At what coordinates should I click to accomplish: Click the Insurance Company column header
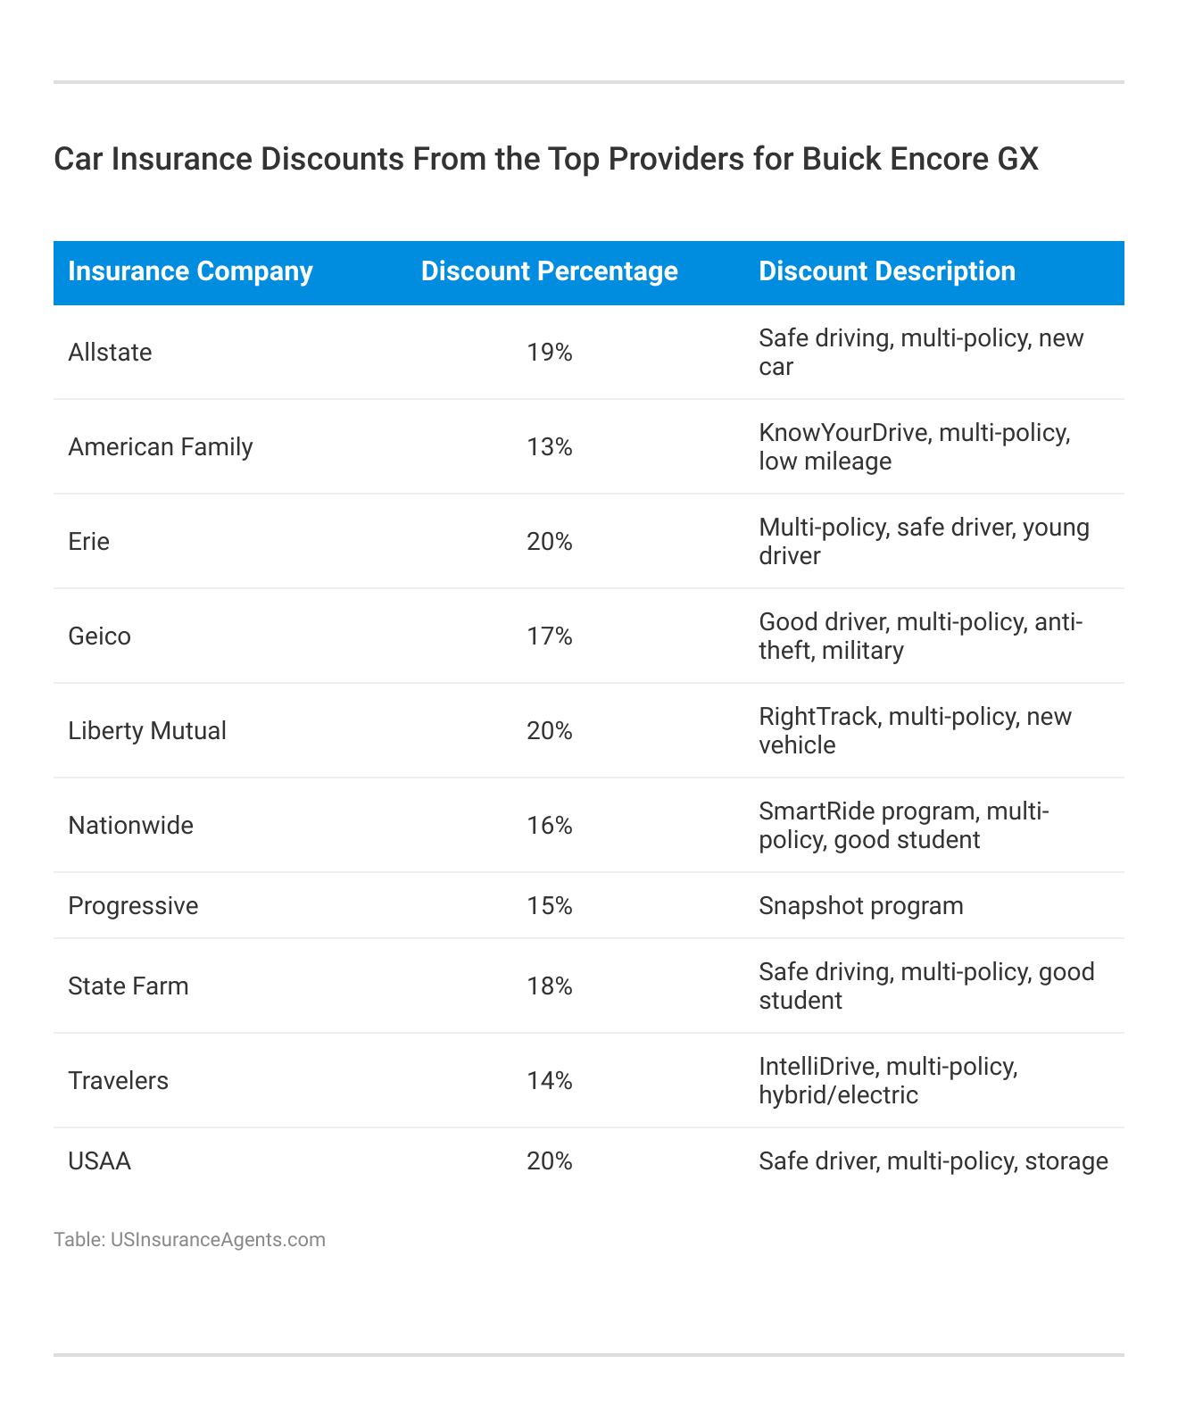pyautogui.click(x=190, y=271)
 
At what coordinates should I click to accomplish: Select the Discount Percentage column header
pyautogui.click(x=549, y=271)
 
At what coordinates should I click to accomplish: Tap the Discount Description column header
pyautogui.click(x=887, y=271)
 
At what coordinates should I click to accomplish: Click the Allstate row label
pyautogui.click(x=110, y=353)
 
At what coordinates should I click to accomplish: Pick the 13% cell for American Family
pyautogui.click(x=549, y=446)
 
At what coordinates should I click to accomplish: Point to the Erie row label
pyautogui.click(x=88, y=542)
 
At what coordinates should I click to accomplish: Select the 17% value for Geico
pyautogui.click(x=549, y=636)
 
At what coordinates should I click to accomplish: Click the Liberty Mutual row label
pyautogui.click(x=147, y=731)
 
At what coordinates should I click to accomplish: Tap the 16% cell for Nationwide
pyautogui.click(x=549, y=826)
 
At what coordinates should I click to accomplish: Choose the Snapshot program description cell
pyautogui.click(x=861, y=906)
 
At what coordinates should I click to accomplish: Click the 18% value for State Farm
pyautogui.click(x=549, y=986)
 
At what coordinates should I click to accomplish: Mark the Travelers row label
pyautogui.click(x=118, y=1081)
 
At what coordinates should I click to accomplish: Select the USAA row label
pyautogui.click(x=99, y=1161)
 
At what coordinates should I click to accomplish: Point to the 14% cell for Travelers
pyautogui.click(x=549, y=1081)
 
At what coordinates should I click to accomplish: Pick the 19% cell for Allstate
pyautogui.click(x=549, y=353)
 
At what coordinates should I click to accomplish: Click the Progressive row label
pyautogui.click(x=133, y=906)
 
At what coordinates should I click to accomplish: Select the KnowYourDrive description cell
pyautogui.click(x=914, y=446)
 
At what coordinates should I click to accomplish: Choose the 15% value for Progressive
pyautogui.click(x=549, y=906)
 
